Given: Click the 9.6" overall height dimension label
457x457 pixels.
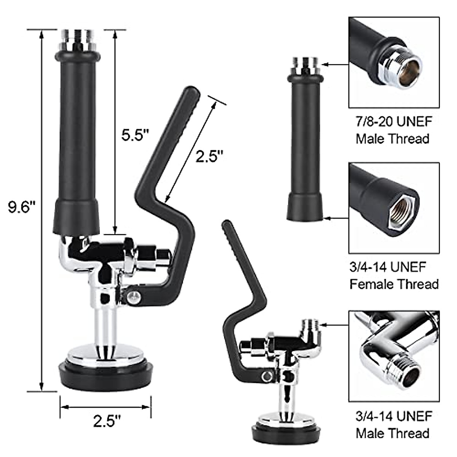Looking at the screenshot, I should tap(22, 208).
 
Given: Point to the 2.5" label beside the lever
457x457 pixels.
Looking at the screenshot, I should tap(209, 156).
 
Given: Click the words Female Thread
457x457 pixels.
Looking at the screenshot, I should tap(394, 284).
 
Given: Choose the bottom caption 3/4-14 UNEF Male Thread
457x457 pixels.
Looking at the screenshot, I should tap(394, 425).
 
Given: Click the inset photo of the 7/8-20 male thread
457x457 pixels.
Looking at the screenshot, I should tap(394, 62).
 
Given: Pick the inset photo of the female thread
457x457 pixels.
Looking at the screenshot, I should tap(394, 208).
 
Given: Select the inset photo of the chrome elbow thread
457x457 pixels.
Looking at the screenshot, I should tap(394, 356).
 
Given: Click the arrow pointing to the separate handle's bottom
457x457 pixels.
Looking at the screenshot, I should tap(337, 218).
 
